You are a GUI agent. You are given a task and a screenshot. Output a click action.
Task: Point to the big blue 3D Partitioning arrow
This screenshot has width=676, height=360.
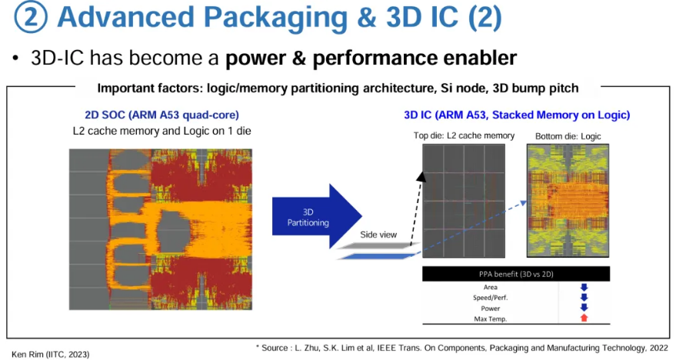coord(315,216)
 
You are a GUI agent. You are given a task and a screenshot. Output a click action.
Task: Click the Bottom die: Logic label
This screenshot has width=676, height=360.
coord(568,136)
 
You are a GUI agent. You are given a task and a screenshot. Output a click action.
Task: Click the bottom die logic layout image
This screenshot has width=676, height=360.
coord(568,201)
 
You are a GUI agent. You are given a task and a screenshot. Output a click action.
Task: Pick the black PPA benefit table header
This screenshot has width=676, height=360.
coord(515,274)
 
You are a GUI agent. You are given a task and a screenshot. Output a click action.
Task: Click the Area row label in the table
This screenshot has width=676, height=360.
coord(490,287)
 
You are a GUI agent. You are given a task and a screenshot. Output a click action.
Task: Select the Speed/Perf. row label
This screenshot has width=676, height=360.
coord(490,297)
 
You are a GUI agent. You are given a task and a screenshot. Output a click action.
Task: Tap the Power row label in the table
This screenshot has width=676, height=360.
coord(490,308)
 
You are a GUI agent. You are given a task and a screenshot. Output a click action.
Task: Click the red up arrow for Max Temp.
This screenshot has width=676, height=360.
coord(583,318)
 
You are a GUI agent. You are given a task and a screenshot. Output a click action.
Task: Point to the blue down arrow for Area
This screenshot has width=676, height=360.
coord(583,287)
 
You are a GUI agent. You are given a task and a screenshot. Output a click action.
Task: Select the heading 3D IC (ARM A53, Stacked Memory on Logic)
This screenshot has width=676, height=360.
coord(517,115)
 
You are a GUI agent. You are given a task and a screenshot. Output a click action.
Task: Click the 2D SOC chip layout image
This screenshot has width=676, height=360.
coord(160,229)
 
